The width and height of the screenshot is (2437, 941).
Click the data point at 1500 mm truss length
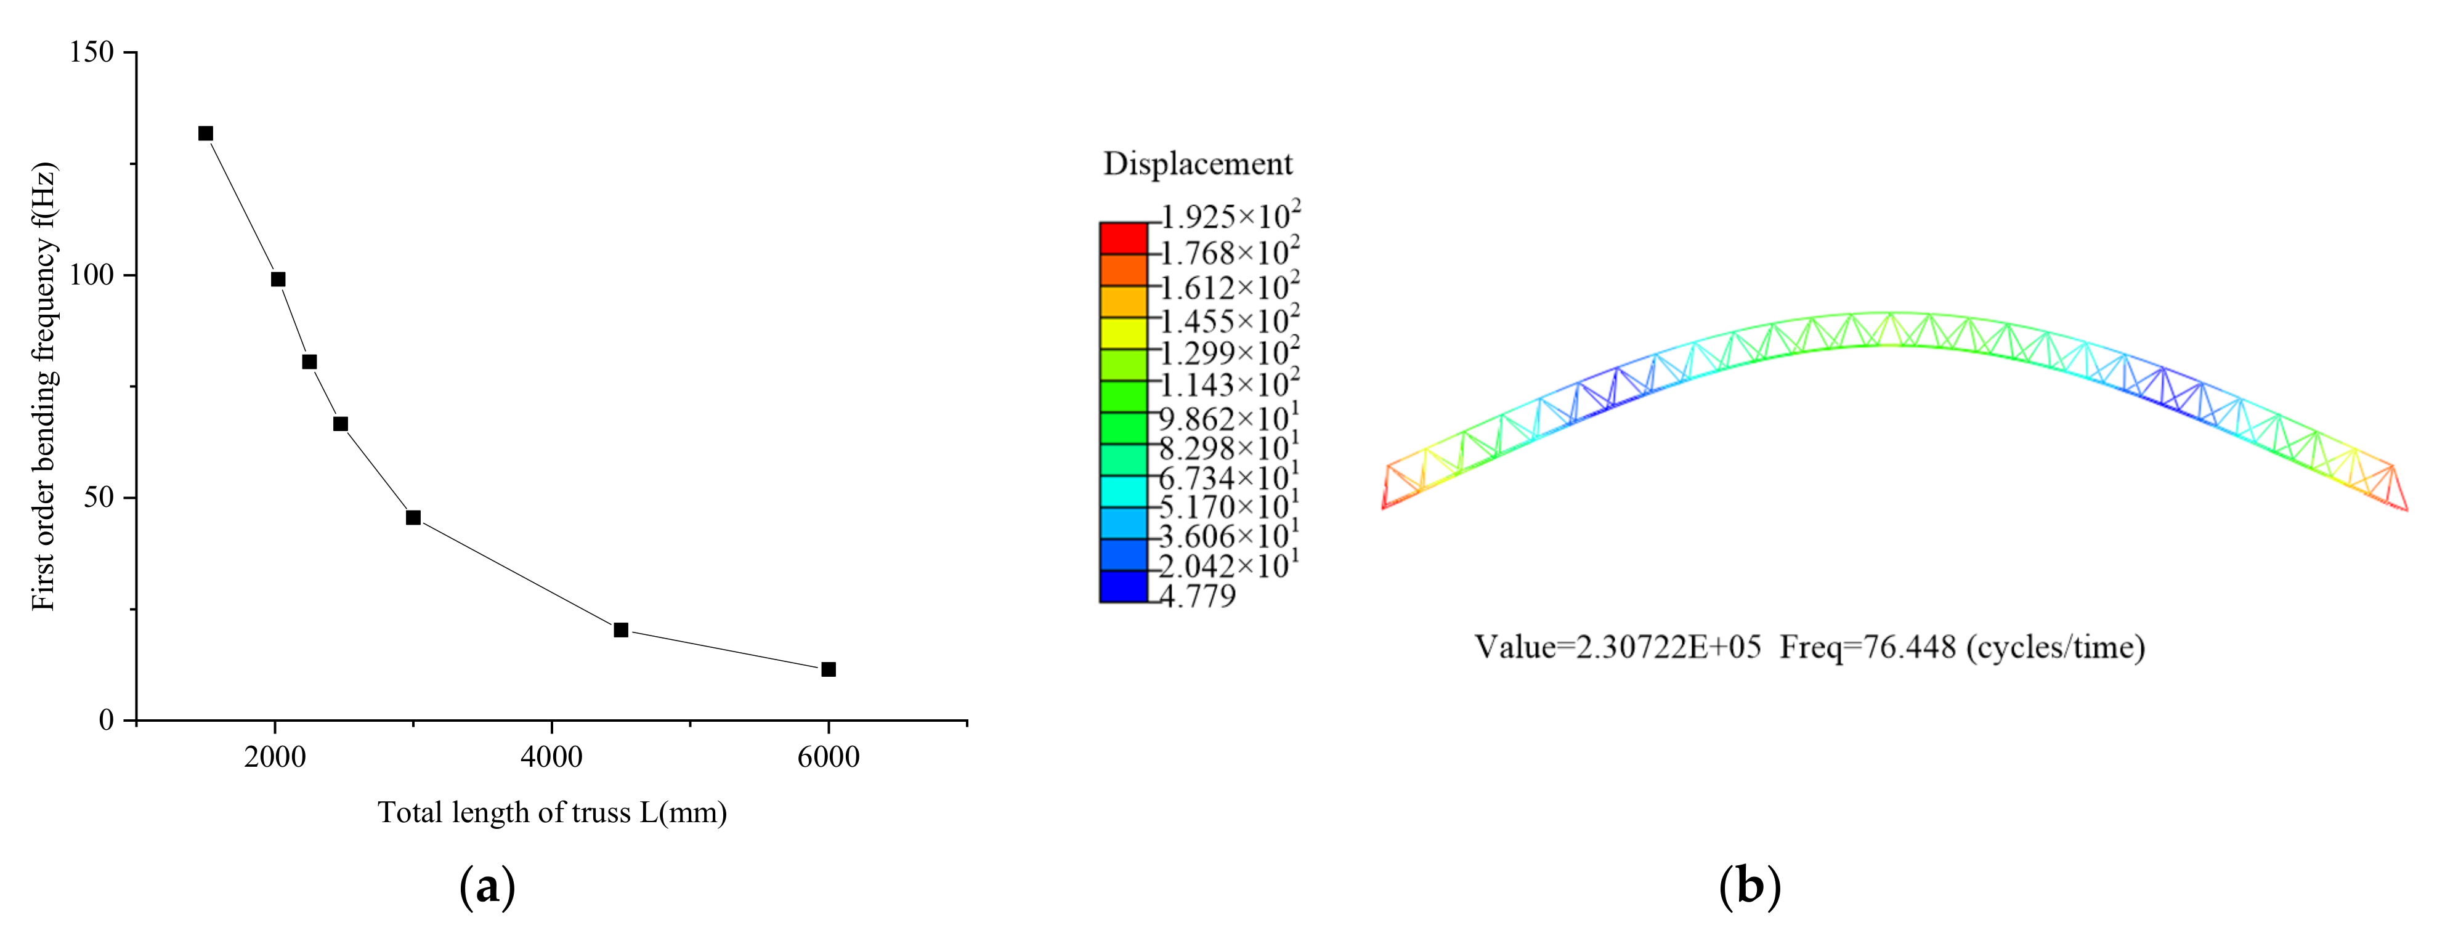coord(205,134)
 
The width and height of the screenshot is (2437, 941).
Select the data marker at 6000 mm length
coord(829,669)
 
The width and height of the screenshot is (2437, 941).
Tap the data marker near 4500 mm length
coord(620,630)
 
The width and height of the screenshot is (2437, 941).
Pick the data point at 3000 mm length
coord(413,517)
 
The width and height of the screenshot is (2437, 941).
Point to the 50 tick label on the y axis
coord(99,498)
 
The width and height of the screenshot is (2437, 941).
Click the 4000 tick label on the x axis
coord(551,757)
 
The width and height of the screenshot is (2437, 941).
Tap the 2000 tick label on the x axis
coord(274,757)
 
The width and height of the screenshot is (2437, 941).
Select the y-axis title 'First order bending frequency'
coord(44,388)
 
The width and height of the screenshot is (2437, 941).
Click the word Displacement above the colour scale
coord(1197,164)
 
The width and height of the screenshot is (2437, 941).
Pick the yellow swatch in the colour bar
coord(1123,333)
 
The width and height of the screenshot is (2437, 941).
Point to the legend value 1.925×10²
coord(1230,217)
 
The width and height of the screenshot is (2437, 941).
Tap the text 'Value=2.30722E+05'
coord(1618,648)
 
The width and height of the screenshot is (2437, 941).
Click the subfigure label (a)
coord(487,887)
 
